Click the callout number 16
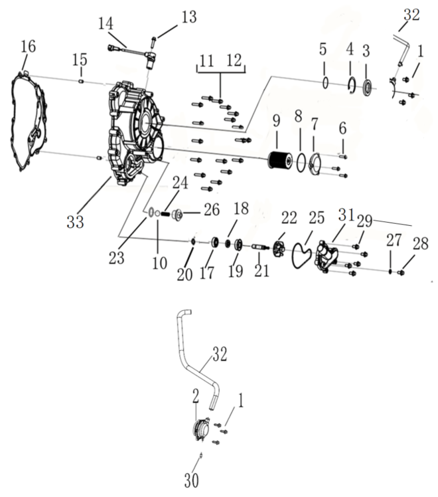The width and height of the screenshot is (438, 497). coord(29,47)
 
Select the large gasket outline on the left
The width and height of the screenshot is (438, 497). coord(13,124)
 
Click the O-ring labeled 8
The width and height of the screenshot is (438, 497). coord(301,162)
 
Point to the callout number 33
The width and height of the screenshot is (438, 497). coord(75,221)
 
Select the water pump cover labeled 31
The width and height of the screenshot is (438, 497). coord(327,256)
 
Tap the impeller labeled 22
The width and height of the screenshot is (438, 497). coord(279,248)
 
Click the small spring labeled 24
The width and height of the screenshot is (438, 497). coord(165,214)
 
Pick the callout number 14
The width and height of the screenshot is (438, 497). coord(106,23)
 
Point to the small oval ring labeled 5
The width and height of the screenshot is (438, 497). coord(325,83)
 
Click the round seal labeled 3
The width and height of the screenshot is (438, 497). coord(367,88)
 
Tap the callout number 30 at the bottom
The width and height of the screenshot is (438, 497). coord(192,480)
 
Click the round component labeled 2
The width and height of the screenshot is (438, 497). coord(201,429)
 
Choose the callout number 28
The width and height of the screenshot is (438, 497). coord(421,243)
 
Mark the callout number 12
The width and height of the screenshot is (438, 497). coord(234,60)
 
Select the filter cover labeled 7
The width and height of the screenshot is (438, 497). coord(315,163)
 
